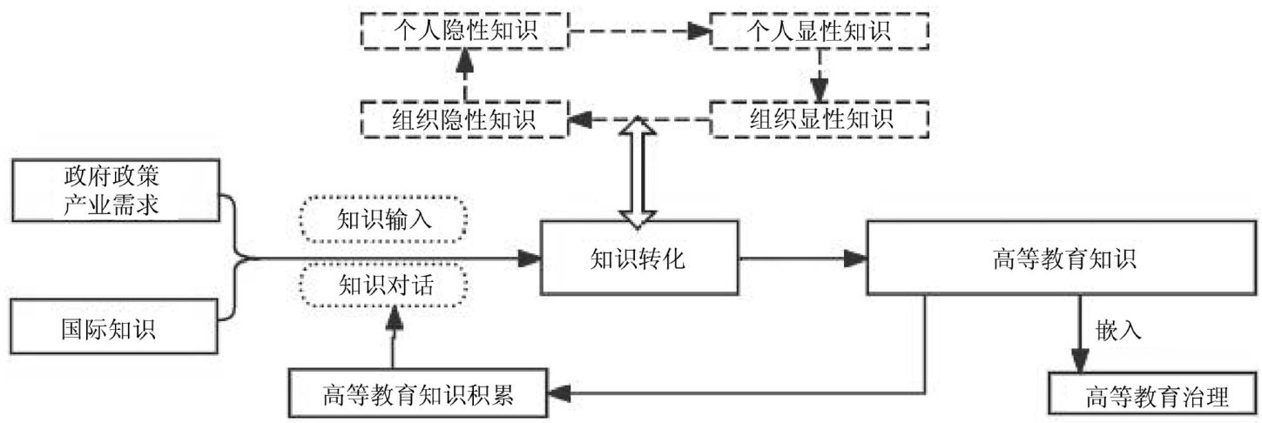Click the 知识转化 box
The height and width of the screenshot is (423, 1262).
click(x=640, y=258)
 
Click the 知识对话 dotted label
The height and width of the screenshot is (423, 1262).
click(x=383, y=285)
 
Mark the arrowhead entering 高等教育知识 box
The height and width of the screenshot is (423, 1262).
click(x=857, y=258)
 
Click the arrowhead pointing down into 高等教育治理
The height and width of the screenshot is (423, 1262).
click(x=1080, y=359)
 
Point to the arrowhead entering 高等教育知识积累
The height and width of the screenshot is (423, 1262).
click(x=563, y=393)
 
